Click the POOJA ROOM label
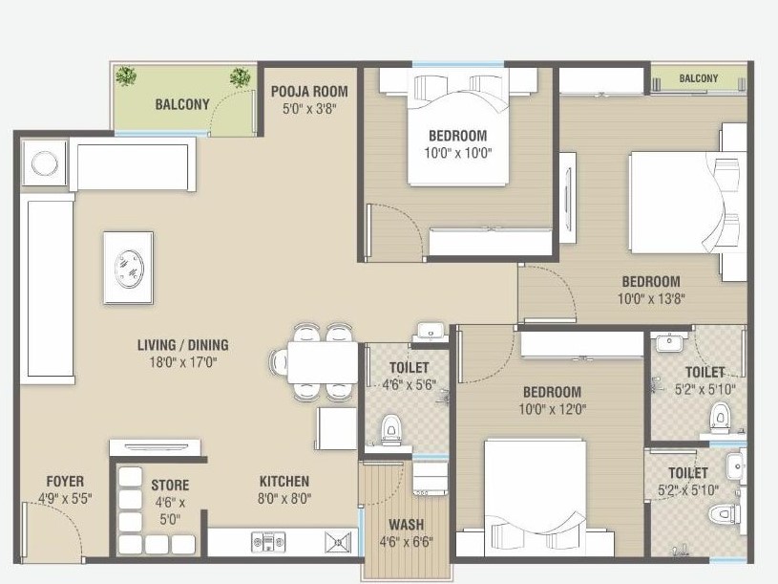[x=308, y=92]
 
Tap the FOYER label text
[x=65, y=481]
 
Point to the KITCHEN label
[x=284, y=481]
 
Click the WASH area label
[x=407, y=524]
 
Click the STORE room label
[x=169, y=486]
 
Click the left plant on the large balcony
[x=125, y=76]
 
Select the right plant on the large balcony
[x=240, y=76]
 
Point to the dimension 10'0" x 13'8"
[x=651, y=297]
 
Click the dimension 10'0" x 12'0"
[x=552, y=409]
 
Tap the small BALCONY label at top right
[x=699, y=78]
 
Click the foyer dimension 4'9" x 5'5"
[x=65, y=497]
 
